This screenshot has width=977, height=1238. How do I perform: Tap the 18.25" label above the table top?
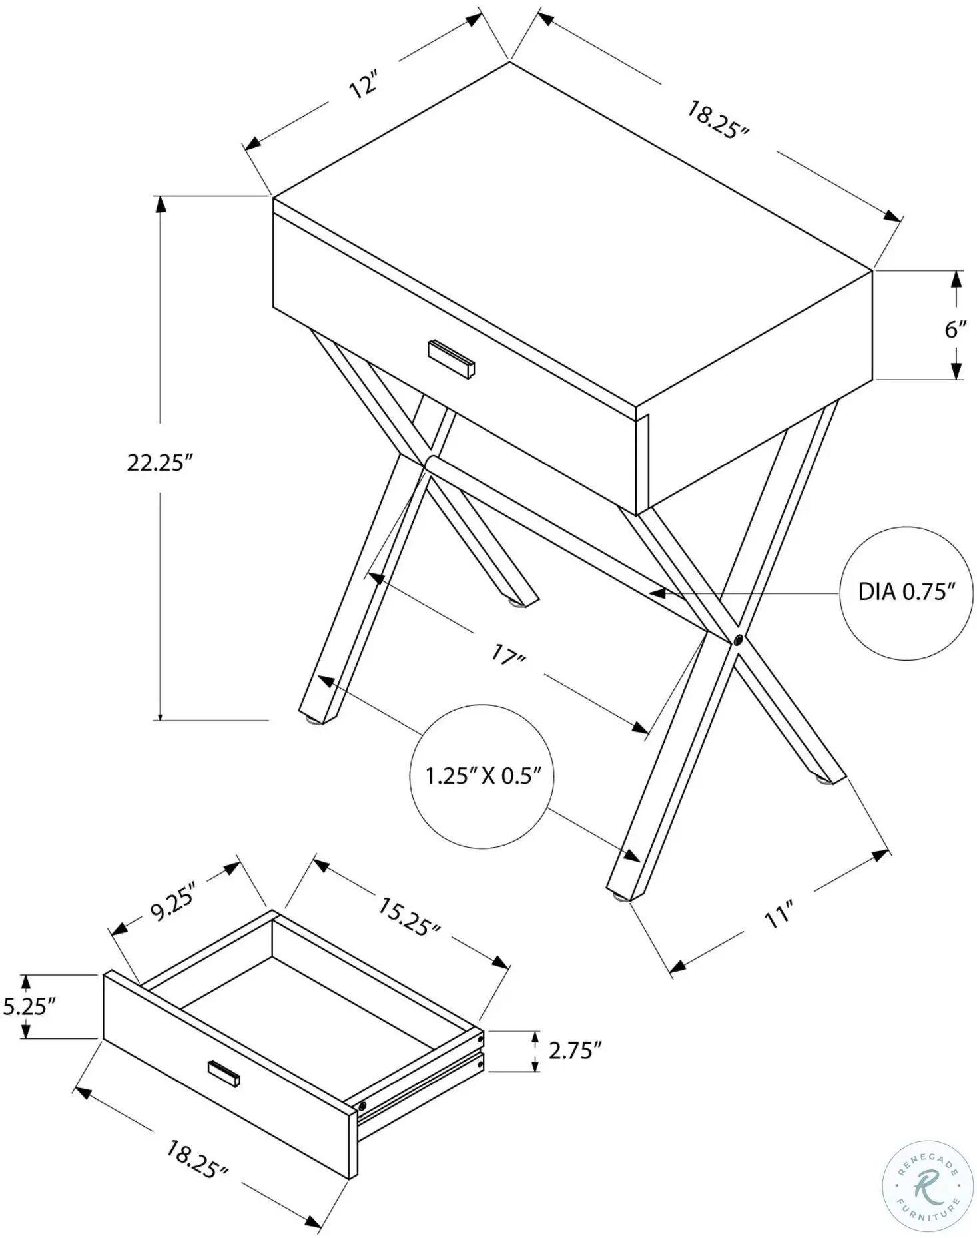point(718,119)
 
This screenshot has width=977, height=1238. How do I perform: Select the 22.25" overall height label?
point(160,462)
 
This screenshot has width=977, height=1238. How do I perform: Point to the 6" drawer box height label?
point(956,328)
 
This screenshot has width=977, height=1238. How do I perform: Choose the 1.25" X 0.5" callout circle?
point(482,776)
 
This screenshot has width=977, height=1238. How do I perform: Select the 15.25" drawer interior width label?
point(408,917)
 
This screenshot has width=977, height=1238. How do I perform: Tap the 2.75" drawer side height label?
point(575,1051)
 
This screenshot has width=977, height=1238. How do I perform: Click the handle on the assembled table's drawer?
point(452,360)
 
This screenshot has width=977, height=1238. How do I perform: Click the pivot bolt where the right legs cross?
point(738,640)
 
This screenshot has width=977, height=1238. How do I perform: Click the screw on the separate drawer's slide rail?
point(362,1106)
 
